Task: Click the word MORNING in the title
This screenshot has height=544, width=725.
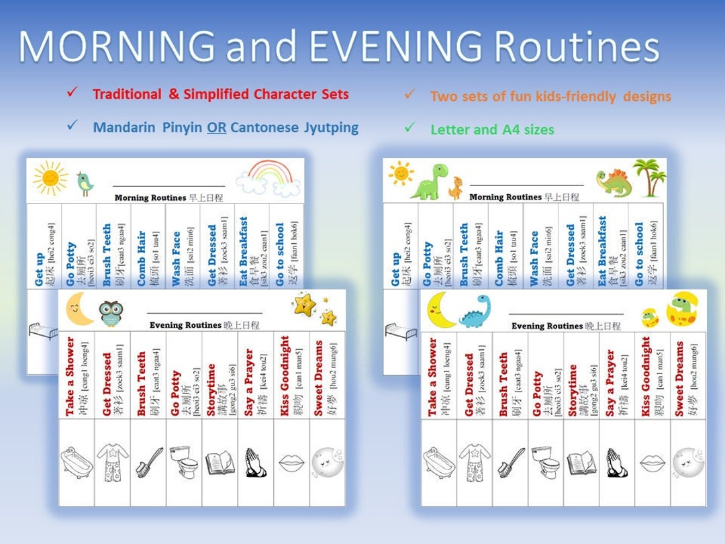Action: (x=117, y=47)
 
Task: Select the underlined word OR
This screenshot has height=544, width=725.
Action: (x=215, y=127)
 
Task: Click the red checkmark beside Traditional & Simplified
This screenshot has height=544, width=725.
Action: (x=72, y=93)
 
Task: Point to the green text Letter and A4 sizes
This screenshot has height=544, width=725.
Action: (x=492, y=130)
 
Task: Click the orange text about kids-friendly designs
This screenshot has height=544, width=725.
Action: (x=550, y=97)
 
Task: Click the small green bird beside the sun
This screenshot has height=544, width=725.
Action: (x=84, y=182)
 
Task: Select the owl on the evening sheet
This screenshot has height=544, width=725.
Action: (x=110, y=313)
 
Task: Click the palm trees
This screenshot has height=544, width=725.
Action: (x=648, y=177)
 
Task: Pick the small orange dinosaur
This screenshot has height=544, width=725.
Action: (x=456, y=187)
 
